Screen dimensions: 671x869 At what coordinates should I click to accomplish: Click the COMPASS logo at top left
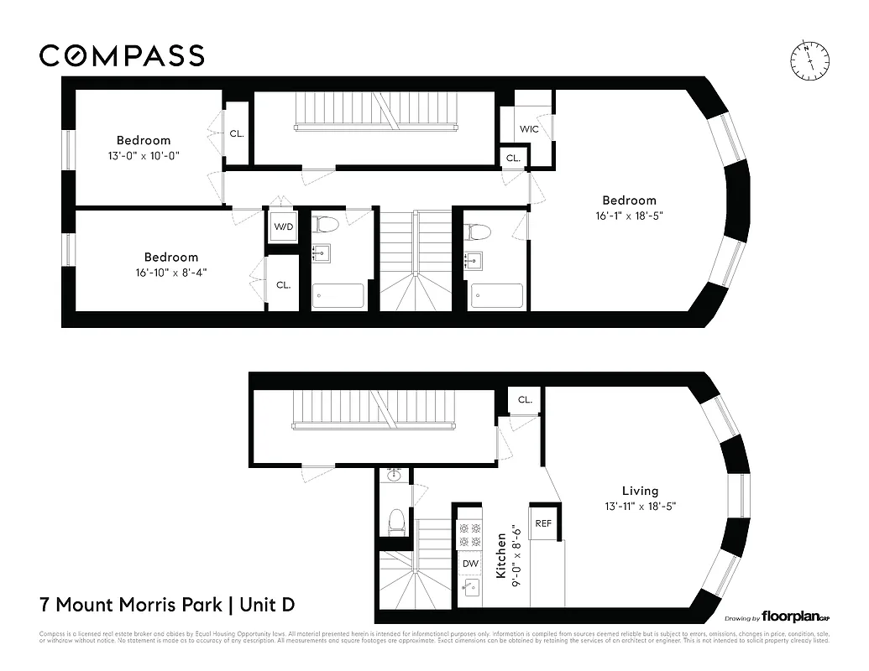click(x=122, y=55)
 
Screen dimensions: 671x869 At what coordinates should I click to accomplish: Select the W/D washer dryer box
click(x=283, y=226)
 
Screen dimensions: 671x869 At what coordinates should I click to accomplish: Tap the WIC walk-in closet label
click(x=529, y=129)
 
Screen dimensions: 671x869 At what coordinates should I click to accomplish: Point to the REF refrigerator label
click(x=543, y=523)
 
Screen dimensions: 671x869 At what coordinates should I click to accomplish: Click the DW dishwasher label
click(x=470, y=564)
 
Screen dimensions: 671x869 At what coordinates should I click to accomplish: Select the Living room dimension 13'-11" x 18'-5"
click(x=640, y=506)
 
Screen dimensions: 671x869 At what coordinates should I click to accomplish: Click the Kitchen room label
click(x=500, y=555)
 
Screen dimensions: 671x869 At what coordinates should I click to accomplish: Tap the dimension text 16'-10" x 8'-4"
click(x=171, y=272)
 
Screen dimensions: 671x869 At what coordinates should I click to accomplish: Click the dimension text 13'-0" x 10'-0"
click(x=144, y=155)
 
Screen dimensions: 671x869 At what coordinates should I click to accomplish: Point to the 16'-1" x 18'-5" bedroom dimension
click(x=629, y=215)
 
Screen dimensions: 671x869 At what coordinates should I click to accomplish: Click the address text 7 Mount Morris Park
click(x=131, y=604)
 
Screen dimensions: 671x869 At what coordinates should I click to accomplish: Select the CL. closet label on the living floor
click(x=525, y=400)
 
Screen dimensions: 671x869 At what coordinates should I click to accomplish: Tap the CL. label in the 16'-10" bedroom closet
click(x=283, y=285)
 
